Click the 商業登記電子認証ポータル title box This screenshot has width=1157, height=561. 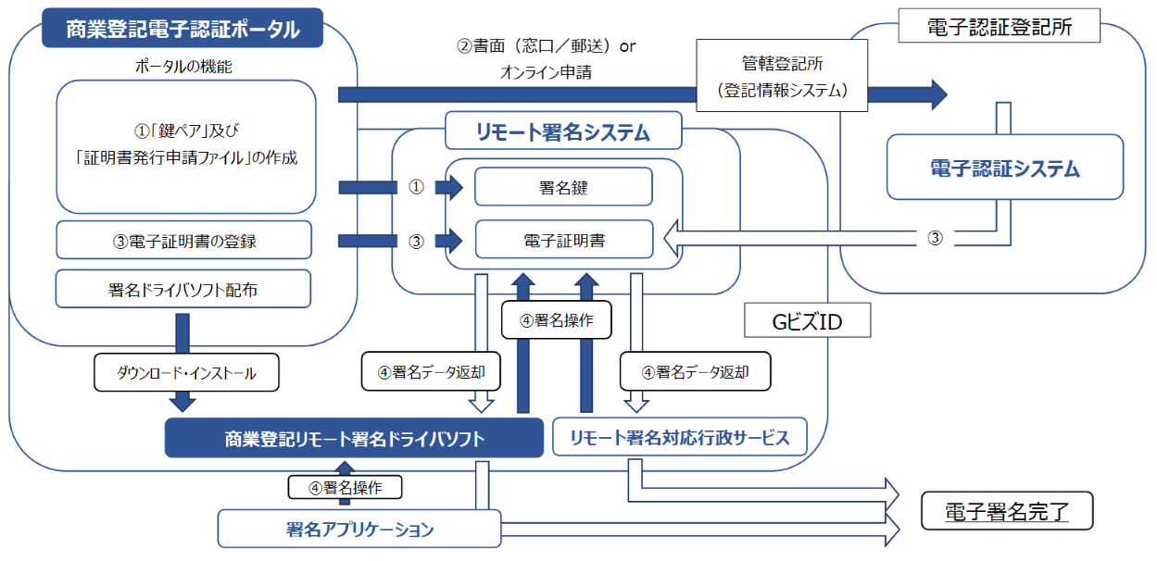[182, 29]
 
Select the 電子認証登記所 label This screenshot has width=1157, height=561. [999, 27]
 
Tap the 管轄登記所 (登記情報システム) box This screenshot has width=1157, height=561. [783, 79]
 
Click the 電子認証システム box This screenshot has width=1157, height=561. [1004, 168]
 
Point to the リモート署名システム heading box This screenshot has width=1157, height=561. [562, 132]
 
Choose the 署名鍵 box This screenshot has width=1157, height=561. [562, 187]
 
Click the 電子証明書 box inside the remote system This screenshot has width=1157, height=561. [562, 241]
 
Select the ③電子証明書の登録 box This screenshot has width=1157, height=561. [182, 241]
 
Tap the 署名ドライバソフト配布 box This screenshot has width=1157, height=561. [182, 289]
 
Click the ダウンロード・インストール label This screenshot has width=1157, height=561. [186, 374]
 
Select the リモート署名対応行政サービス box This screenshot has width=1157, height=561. [679, 437]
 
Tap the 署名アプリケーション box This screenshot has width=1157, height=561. [358, 530]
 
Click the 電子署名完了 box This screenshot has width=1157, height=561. [1006, 511]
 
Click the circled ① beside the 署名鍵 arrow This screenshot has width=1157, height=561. [416, 187]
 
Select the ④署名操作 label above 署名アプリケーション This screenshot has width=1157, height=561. [345, 487]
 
